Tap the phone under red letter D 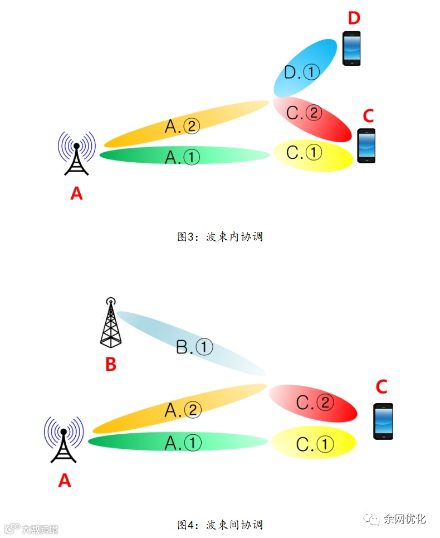click(x=351, y=49)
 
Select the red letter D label click(x=354, y=18)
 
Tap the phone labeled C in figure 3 click(x=366, y=146)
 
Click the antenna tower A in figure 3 click(x=76, y=154)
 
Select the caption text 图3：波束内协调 click(x=219, y=236)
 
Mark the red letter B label click(x=111, y=364)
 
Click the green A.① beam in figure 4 click(x=178, y=442)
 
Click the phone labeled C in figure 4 click(x=383, y=421)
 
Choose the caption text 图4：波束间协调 click(x=219, y=525)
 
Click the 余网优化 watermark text click(x=404, y=518)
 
